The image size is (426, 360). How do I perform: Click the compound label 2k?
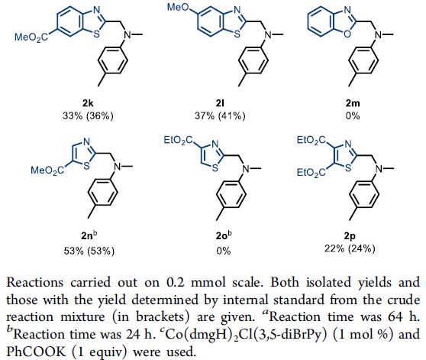tap(88, 103)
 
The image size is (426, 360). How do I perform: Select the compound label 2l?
tap(220, 103)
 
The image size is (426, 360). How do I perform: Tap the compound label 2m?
tap(353, 103)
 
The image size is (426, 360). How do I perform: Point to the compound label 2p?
tap(350, 236)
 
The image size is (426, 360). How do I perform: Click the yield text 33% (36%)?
tap(88, 116)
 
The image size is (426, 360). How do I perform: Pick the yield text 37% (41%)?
tap(220, 116)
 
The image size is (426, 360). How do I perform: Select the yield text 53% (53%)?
tap(89, 251)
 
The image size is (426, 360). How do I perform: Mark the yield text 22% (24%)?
tap(350, 248)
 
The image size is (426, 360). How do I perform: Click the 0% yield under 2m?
tap(353, 116)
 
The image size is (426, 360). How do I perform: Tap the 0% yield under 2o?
tap(224, 251)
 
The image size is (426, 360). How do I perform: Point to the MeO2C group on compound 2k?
tap(31, 37)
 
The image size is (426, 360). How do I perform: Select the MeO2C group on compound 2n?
tap(47, 170)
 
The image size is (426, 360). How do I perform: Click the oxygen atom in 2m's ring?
tap(347, 34)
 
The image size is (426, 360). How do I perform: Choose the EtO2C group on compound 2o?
tap(178, 141)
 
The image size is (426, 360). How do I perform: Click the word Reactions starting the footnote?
tap(35, 282)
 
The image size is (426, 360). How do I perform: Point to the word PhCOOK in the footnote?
tap(36, 352)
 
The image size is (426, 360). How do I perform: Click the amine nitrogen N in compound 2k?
tap(127, 35)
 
